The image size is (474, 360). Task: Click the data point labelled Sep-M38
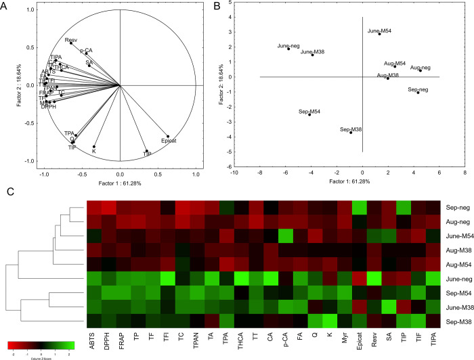click(351, 133)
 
